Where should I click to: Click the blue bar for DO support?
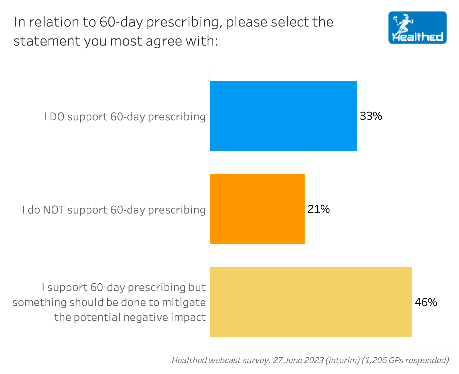coord(283,116)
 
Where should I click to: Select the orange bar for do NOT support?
coord(257,209)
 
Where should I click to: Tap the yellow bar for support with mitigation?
coord(311,302)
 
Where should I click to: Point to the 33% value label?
coord(371,116)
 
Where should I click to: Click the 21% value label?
coord(319,209)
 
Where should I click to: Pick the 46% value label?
coord(426,302)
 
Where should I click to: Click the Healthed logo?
coord(418,28)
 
